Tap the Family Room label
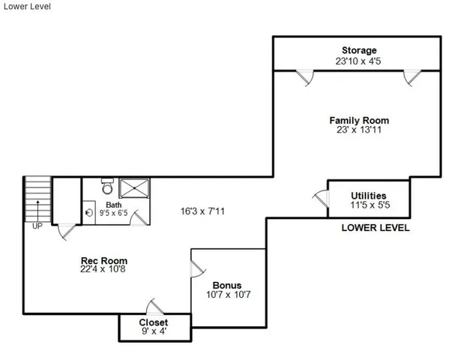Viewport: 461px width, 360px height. click(x=359, y=120)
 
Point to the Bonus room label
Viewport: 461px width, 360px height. click(x=226, y=285)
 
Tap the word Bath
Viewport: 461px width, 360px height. click(x=113, y=204)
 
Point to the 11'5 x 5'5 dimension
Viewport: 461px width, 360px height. click(x=368, y=202)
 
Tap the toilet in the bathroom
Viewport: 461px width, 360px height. click(x=108, y=183)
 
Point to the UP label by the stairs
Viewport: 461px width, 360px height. click(x=36, y=224)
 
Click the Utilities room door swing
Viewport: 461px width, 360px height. click(x=320, y=199)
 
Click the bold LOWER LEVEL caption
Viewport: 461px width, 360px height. click(x=376, y=228)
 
